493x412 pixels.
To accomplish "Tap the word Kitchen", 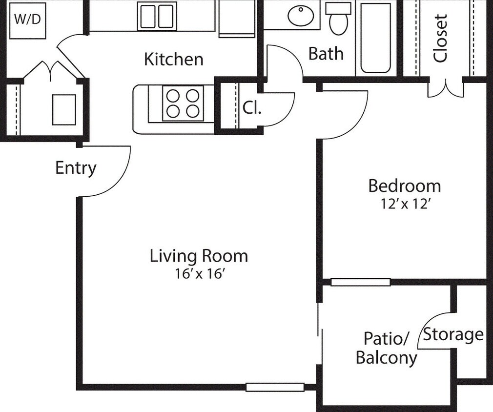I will click(174, 59).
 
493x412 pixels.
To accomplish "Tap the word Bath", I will click(326, 54).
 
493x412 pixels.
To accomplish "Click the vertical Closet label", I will click(440, 38).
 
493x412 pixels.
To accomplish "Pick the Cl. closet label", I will click(252, 108).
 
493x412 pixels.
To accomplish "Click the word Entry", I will click(76, 168).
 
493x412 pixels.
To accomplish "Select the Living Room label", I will click(199, 256).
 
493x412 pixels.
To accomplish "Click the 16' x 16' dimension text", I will click(199, 274).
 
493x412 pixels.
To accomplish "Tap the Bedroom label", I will click(404, 185).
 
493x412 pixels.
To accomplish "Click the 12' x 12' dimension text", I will click(404, 204).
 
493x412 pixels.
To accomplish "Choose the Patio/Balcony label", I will click(386, 348).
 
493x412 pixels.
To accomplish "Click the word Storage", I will click(453, 335).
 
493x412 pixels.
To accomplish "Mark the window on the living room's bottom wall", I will click(274, 387).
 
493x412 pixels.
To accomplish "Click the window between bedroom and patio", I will click(360, 282).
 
